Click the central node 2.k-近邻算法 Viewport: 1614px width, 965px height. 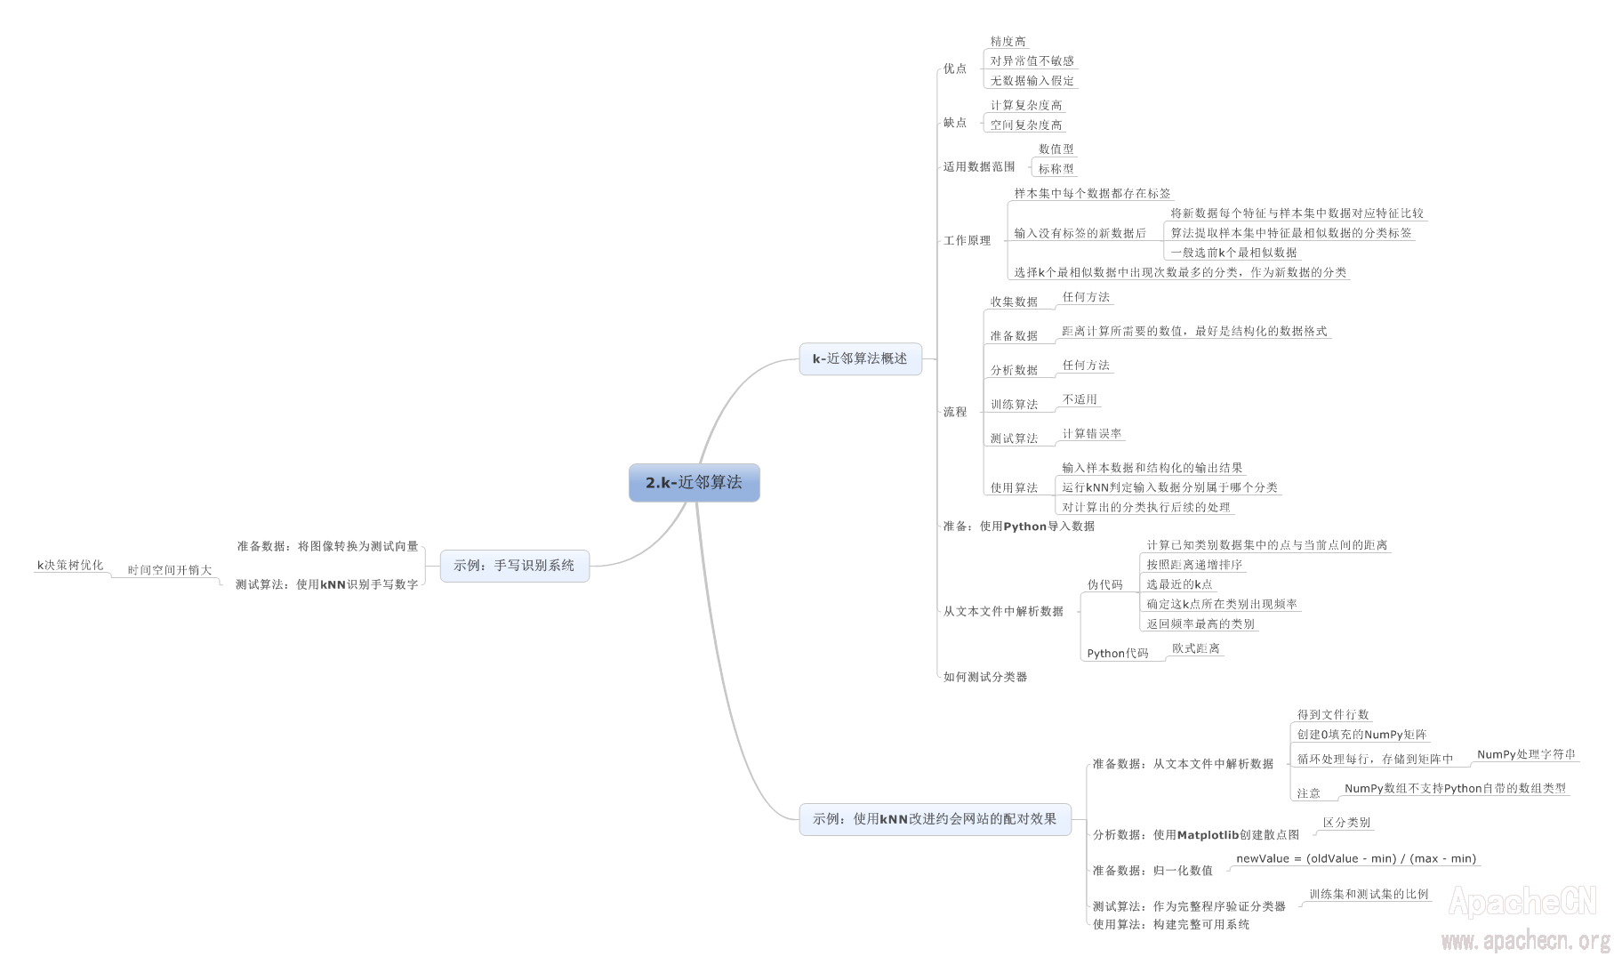pos(694,482)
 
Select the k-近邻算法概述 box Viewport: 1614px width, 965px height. pos(860,358)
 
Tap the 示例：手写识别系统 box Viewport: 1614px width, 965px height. pos(514,566)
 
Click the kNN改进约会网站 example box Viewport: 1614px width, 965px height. pos(934,818)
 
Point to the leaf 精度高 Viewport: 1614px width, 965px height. pos(1008,42)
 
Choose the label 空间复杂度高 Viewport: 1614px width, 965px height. pos(1026,125)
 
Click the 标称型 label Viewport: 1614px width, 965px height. pos(1056,169)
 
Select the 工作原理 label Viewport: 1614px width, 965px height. pos(967,241)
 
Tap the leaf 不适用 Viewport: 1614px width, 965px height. pos(1080,400)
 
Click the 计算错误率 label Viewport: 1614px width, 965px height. pos(1091,434)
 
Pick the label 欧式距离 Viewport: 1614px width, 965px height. pos(1195,649)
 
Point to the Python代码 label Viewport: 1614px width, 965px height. pos(1117,654)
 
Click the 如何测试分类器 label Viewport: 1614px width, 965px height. pos(984,678)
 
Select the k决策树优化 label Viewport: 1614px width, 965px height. pos(70,566)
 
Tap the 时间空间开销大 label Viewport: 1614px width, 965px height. pos(169,571)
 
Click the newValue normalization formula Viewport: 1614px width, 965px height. pos(1355,859)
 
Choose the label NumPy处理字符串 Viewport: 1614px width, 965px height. pos(1526,755)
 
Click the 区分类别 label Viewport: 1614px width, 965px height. pos(1346,824)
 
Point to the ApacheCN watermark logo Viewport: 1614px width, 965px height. pos(1522,902)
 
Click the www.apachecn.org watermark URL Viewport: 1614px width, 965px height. pos(1525,941)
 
